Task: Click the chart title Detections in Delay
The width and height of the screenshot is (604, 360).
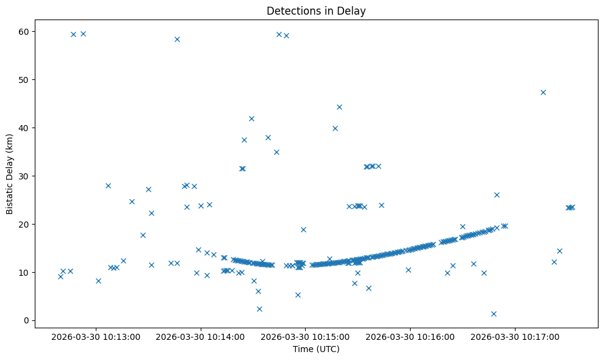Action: [316, 10]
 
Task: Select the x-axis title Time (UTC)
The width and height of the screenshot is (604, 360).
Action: [316, 349]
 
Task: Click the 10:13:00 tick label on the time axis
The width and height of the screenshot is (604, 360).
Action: [96, 336]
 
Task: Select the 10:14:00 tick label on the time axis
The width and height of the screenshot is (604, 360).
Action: [201, 336]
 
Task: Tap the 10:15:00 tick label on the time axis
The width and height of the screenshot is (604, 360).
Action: [306, 336]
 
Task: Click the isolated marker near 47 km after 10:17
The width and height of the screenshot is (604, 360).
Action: [543, 92]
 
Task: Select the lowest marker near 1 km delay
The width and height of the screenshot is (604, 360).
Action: [494, 314]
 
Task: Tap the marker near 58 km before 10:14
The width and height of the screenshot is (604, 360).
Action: [177, 39]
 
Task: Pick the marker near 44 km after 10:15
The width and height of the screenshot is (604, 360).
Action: [339, 107]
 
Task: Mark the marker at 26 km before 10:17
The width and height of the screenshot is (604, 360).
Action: [497, 195]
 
